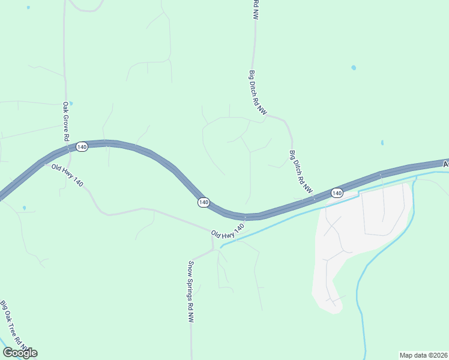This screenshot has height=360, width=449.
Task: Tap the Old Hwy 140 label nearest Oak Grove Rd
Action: click(x=67, y=175)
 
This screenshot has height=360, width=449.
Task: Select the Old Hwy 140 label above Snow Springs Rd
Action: click(x=228, y=231)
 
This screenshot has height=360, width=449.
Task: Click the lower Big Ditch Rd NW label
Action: click(x=301, y=172)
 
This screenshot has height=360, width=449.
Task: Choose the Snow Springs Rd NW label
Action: click(x=191, y=292)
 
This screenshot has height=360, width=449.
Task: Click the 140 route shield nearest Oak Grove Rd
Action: click(x=82, y=147)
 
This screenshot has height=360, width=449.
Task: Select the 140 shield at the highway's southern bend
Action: click(x=203, y=203)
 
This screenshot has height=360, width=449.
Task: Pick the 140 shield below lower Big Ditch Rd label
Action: click(x=336, y=193)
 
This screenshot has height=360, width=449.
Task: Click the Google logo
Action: click(x=20, y=352)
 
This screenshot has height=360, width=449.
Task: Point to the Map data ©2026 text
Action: click(x=423, y=355)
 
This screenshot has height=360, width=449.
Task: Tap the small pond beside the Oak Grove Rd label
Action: click(x=71, y=103)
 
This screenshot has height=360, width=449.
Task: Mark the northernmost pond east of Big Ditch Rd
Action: click(x=354, y=67)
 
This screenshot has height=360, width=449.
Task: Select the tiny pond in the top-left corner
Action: click(x=28, y=7)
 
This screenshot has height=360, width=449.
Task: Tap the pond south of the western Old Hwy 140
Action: click(x=24, y=208)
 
